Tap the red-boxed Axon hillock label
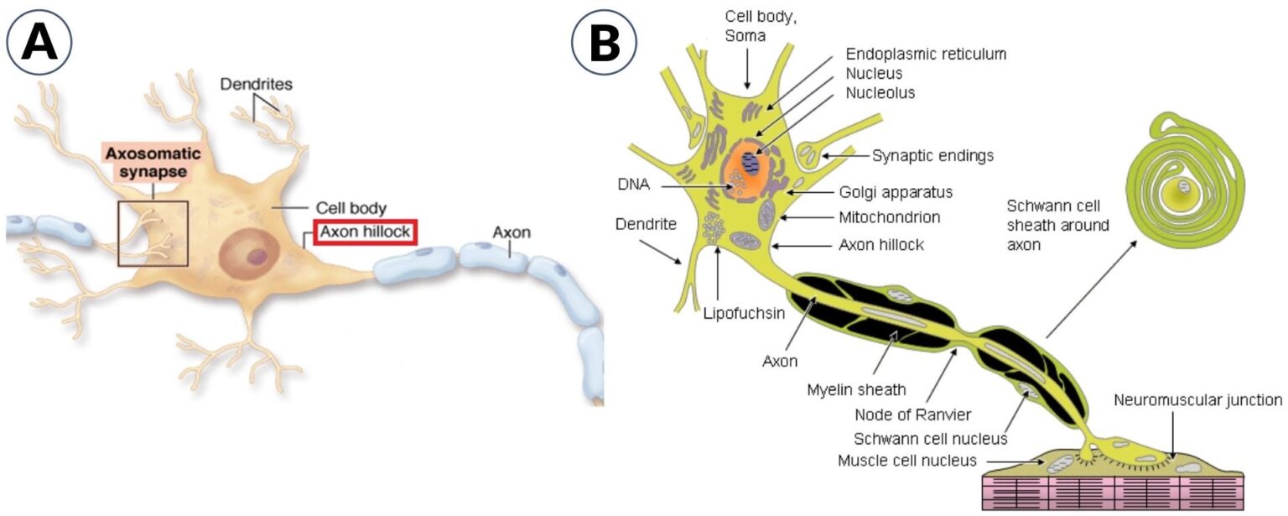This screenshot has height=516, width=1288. [x=365, y=232]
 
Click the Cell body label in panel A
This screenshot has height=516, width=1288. [x=351, y=206]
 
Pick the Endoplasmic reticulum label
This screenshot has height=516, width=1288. [x=926, y=54]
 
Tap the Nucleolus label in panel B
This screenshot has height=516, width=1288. [x=880, y=92]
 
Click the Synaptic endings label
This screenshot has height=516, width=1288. [x=932, y=155]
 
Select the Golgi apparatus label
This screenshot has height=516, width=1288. [x=896, y=191]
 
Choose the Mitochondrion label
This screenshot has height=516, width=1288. [x=889, y=217]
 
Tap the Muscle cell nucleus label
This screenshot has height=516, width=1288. [x=907, y=461]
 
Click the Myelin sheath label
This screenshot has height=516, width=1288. [x=856, y=389]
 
